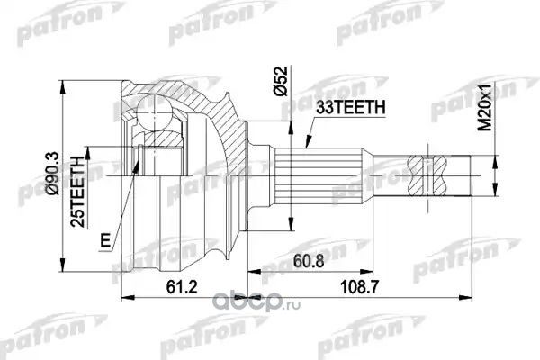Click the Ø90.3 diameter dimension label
[54, 174]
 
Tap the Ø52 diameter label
[280, 81]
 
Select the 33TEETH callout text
[351, 108]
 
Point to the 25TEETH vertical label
[77, 192]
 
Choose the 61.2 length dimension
[182, 286]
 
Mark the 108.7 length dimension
[359, 286]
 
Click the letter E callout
[105, 240]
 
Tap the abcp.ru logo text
[256, 303]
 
